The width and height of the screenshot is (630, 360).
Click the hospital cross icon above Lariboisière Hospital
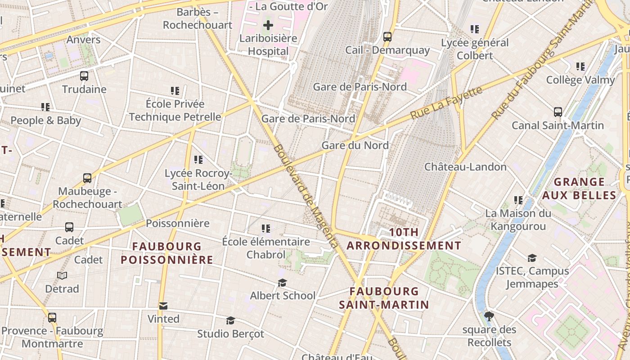click(x=268, y=25)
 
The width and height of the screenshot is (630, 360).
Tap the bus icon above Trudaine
click(x=84, y=76)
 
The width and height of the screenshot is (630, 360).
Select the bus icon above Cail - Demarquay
click(x=387, y=37)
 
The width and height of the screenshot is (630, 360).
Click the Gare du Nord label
click(x=355, y=145)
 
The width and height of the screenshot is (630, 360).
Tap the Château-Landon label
click(x=465, y=167)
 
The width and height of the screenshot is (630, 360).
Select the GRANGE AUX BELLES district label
click(x=579, y=189)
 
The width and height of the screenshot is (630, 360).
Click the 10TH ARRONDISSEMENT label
click(x=404, y=239)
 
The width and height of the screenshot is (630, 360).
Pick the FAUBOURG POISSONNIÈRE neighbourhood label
click(x=167, y=253)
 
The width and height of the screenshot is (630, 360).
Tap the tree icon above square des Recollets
click(x=489, y=316)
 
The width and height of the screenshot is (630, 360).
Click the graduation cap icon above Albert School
click(x=282, y=283)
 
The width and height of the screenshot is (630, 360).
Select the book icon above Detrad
click(x=62, y=275)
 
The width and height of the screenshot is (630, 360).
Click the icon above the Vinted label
click(x=163, y=306)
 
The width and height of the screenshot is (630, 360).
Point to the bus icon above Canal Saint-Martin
click(x=558, y=112)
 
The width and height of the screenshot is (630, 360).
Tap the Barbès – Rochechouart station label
click(x=198, y=18)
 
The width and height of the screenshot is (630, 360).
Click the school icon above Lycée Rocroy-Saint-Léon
click(x=198, y=160)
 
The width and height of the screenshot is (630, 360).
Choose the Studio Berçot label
click(x=230, y=334)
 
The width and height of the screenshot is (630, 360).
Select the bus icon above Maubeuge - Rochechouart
click(x=87, y=178)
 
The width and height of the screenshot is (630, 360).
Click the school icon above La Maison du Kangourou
click(x=518, y=200)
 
